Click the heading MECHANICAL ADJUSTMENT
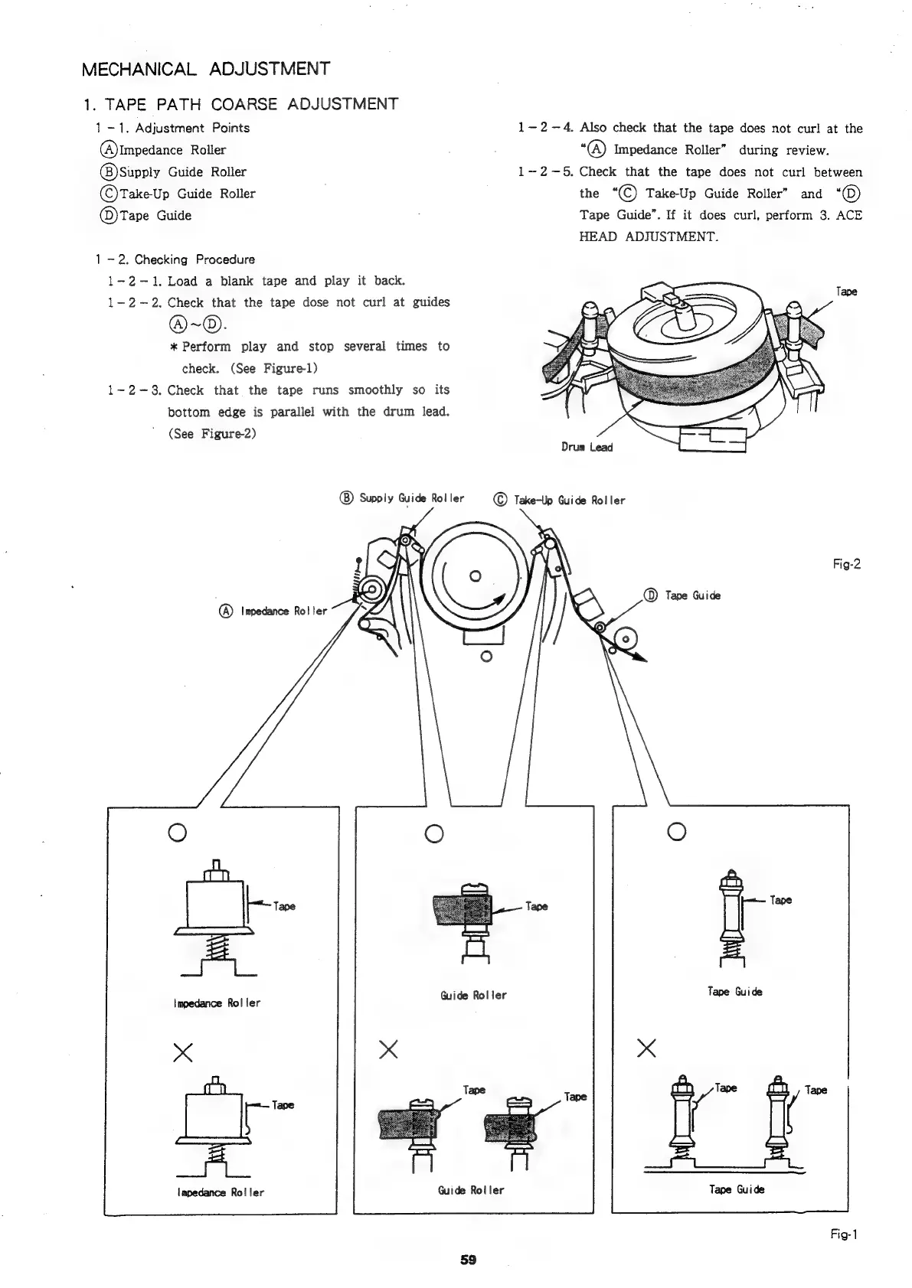pos(205,69)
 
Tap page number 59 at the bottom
pos(468,1260)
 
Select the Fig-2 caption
pos(846,565)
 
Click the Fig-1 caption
pos(846,1234)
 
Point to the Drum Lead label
pos(587,447)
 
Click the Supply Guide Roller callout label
pos(402,498)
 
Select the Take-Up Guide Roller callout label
pos(559,501)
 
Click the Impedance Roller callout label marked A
pos(273,611)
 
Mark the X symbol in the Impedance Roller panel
pos(182,1054)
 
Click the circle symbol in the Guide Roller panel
pos(433,833)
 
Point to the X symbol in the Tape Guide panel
pos(646,1048)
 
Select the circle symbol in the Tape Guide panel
pos(675,830)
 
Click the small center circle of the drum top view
pos(475,576)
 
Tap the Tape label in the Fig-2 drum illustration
pos(846,292)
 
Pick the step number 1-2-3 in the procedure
pos(133,390)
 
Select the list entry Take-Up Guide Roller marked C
pos(178,194)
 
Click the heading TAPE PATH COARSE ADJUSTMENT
pos(240,104)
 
